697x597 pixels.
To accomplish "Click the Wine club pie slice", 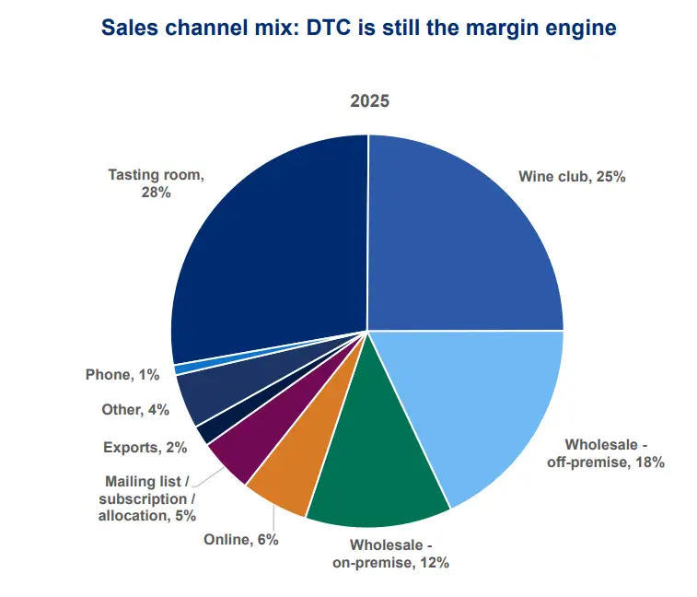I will point(460,240).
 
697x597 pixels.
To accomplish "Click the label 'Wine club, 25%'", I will point(572,176).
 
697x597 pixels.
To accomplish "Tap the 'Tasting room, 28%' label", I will point(153,182).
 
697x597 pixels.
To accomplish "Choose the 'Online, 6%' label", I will point(240,539).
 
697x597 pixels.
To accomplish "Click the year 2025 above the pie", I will point(369,101).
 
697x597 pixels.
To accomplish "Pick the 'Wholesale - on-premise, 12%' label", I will point(392,553).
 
